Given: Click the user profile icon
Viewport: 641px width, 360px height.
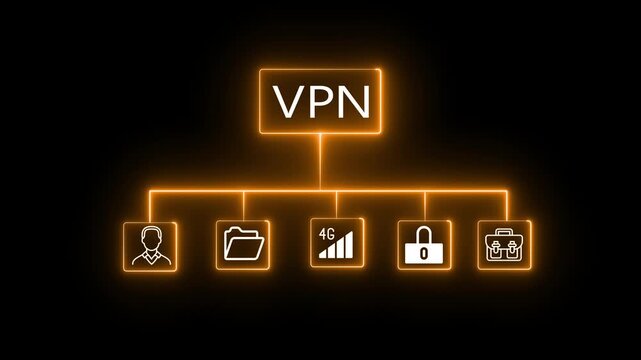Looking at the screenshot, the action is pyautogui.click(x=150, y=247).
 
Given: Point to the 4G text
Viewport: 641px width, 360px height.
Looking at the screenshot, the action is pyautogui.click(x=325, y=236).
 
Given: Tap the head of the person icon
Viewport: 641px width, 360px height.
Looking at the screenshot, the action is pyautogui.click(x=150, y=239).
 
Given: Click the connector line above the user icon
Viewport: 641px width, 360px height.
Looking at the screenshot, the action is pyautogui.click(x=150, y=205).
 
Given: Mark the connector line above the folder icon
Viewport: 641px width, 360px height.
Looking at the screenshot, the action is pyautogui.click(x=243, y=205).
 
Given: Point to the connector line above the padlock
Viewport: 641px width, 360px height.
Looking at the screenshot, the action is pyautogui.click(x=425, y=205).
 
